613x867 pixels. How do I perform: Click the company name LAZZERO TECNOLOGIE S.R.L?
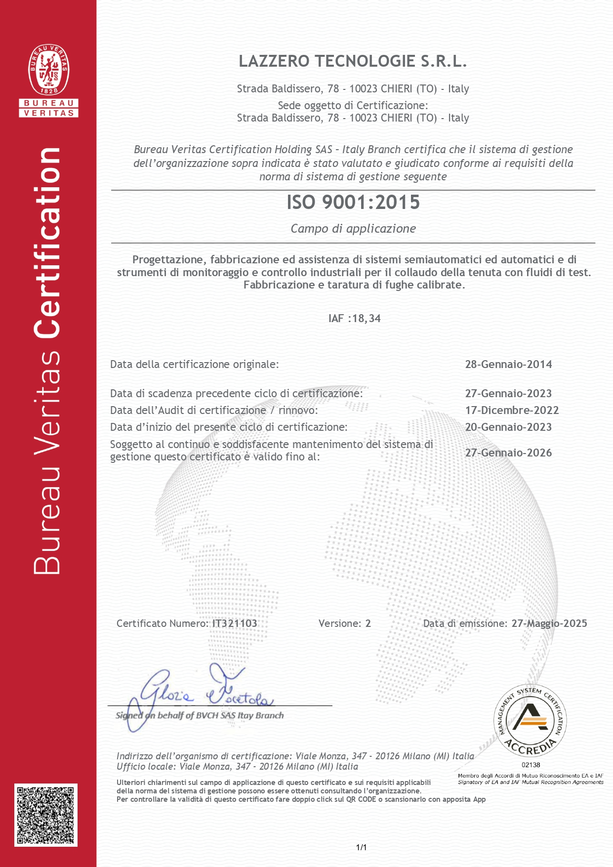(x=353, y=61)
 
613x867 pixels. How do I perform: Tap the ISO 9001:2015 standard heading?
(x=353, y=203)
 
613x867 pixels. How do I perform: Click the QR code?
(x=46, y=815)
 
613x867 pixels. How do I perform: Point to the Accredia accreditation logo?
(x=530, y=722)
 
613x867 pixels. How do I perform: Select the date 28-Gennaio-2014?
(x=508, y=365)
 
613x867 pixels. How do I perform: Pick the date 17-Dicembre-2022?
(x=512, y=411)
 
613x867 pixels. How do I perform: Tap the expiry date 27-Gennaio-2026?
(x=508, y=453)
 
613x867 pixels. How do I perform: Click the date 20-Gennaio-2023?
(x=508, y=427)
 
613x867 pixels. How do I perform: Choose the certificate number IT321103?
(x=235, y=623)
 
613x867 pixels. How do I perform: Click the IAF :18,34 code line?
(x=354, y=319)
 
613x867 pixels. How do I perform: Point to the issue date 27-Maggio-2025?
(x=549, y=623)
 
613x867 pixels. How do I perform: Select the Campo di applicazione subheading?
(x=353, y=229)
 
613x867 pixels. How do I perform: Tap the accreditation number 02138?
(x=531, y=765)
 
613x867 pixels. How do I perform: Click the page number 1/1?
(x=361, y=848)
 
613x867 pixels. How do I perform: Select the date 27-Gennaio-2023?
(x=508, y=394)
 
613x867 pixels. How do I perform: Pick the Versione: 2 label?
(x=344, y=623)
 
